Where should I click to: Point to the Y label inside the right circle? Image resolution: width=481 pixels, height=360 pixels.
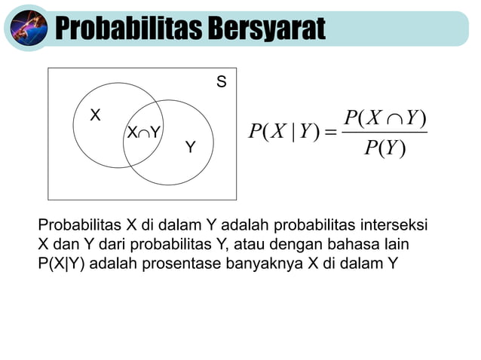click(x=190, y=147)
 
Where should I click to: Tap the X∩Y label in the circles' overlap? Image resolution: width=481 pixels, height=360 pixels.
click(x=144, y=133)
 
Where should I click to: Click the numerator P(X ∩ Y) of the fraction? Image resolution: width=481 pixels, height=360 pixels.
click(x=384, y=118)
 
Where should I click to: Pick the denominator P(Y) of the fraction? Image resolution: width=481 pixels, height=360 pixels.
click(x=384, y=149)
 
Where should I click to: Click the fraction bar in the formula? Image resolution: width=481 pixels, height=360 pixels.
click(x=384, y=133)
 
